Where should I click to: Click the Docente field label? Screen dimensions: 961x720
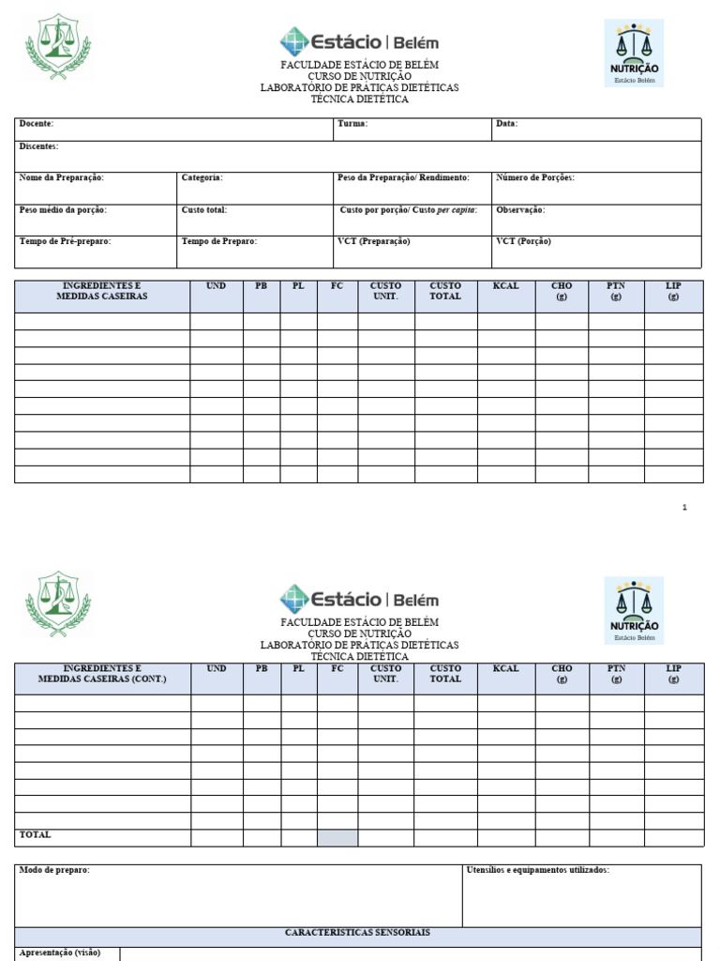click(37, 124)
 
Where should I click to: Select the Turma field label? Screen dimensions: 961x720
click(352, 124)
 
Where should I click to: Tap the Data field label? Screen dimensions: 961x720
click(506, 124)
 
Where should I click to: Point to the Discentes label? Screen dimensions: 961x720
click(39, 146)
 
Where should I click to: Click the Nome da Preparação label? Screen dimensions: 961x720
click(62, 177)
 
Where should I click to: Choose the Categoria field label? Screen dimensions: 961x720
click(202, 177)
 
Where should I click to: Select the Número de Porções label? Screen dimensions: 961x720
click(535, 177)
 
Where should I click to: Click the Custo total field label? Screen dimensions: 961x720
click(204, 210)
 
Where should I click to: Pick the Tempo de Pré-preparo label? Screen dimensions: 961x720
click(66, 241)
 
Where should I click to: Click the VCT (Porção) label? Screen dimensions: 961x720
click(523, 241)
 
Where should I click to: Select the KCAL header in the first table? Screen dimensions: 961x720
click(506, 286)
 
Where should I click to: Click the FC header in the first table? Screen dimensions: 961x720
click(337, 286)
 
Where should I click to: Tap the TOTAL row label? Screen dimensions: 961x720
click(36, 835)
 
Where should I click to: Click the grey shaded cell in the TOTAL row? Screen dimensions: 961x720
click(337, 837)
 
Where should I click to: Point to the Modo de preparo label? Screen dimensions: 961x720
click(55, 871)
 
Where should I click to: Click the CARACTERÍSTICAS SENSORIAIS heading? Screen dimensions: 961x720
click(358, 933)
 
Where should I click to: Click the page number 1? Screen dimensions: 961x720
click(684, 508)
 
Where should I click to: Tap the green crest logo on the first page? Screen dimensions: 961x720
click(58, 47)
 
